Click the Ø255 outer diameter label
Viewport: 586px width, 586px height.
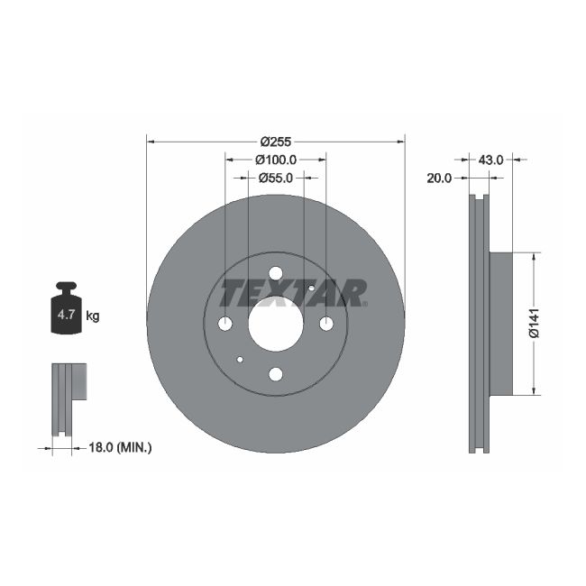(275, 142)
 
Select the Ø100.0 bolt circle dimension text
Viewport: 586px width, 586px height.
(275, 160)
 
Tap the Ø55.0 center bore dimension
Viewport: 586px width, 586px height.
(275, 178)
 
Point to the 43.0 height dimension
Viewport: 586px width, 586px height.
(490, 160)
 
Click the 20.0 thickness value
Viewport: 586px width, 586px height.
(439, 178)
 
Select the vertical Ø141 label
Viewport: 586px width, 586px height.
(534, 324)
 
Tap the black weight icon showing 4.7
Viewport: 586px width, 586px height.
(66, 310)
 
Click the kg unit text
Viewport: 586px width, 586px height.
(92, 316)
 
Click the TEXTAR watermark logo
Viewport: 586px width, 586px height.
(294, 293)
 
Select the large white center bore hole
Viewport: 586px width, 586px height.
(276, 324)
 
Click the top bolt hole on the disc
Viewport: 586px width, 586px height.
(276, 273)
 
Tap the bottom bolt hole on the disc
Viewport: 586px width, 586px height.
(276, 374)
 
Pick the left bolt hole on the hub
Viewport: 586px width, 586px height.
(225, 324)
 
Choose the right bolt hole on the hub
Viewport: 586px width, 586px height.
(326, 324)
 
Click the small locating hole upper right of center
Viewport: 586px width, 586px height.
(311, 288)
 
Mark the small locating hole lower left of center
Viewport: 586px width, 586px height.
(240, 360)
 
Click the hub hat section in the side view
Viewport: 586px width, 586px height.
(500, 324)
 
